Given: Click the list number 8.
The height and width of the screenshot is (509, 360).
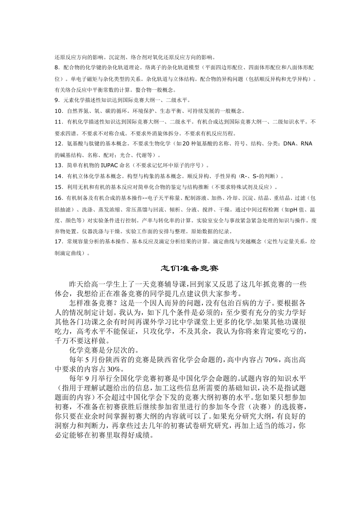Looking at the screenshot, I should coord(57,68).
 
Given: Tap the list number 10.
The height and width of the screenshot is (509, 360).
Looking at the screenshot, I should coord(58,111).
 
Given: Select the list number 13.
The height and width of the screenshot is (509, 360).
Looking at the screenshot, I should coord(58,166).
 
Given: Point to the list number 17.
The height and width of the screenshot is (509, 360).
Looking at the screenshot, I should coord(58,241).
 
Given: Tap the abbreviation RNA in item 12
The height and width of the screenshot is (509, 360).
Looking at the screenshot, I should coord(306,144).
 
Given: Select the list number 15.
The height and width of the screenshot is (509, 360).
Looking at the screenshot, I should coord(58,187).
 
